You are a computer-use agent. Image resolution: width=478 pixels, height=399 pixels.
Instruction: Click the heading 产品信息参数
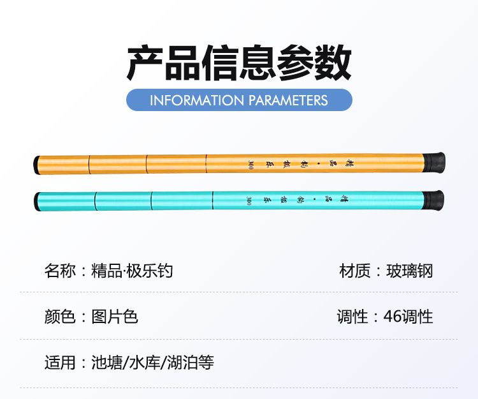point(239,63)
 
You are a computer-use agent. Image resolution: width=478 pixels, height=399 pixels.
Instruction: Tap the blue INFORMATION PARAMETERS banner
point(239,100)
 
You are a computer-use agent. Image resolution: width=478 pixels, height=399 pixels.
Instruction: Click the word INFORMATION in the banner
point(197,100)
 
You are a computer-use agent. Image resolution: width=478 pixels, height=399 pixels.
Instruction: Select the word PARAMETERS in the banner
point(288,100)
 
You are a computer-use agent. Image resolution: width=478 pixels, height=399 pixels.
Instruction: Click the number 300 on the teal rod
point(248,200)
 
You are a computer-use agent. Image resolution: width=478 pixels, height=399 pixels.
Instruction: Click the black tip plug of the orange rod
point(37,165)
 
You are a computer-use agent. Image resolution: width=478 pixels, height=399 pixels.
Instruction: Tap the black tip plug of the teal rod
point(37,202)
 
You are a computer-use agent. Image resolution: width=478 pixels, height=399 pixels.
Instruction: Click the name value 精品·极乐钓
point(133,271)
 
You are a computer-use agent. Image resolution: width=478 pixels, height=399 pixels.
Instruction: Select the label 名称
point(60,271)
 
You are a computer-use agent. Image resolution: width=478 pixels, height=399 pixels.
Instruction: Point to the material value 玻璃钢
point(409,271)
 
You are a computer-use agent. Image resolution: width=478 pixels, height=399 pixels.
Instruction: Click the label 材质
point(354,271)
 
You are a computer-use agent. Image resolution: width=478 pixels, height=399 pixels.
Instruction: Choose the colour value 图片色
point(115,317)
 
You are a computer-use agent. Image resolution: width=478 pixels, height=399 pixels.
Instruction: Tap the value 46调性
point(409,317)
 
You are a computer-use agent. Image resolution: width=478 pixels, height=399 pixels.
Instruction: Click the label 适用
point(60,363)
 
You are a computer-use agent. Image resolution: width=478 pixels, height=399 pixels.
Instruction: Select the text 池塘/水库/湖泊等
point(152,363)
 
